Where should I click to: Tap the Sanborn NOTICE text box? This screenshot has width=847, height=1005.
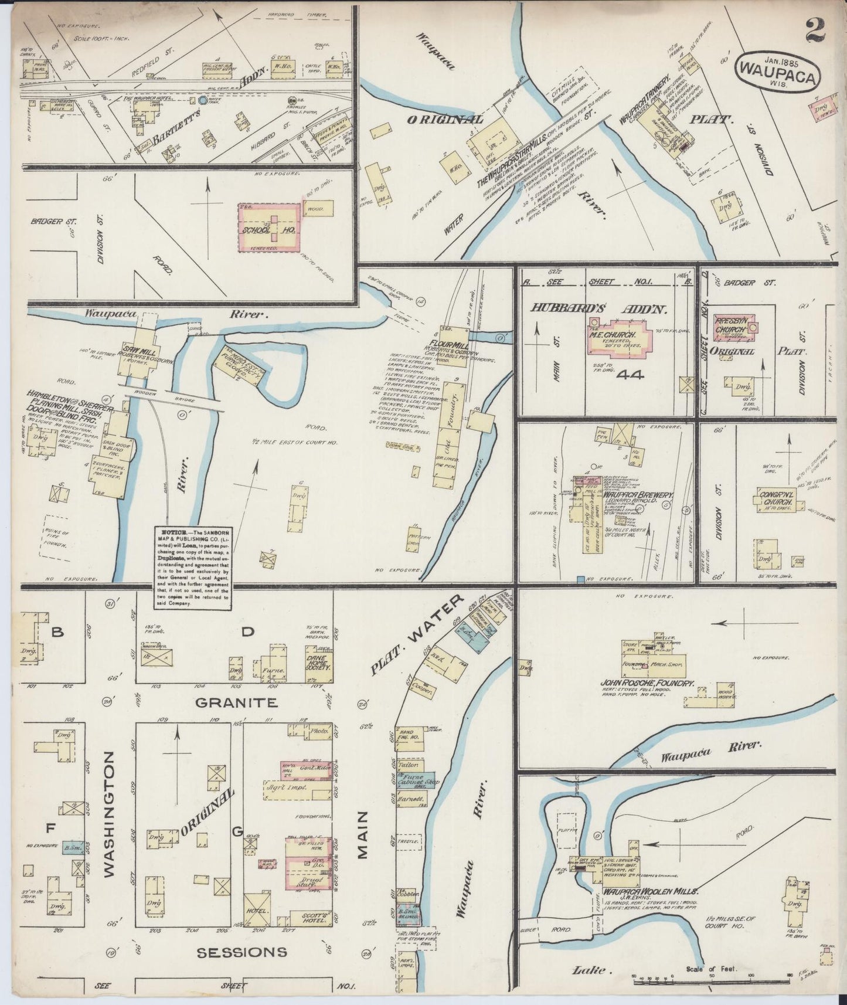189,569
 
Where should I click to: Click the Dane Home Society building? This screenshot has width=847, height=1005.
318,660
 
